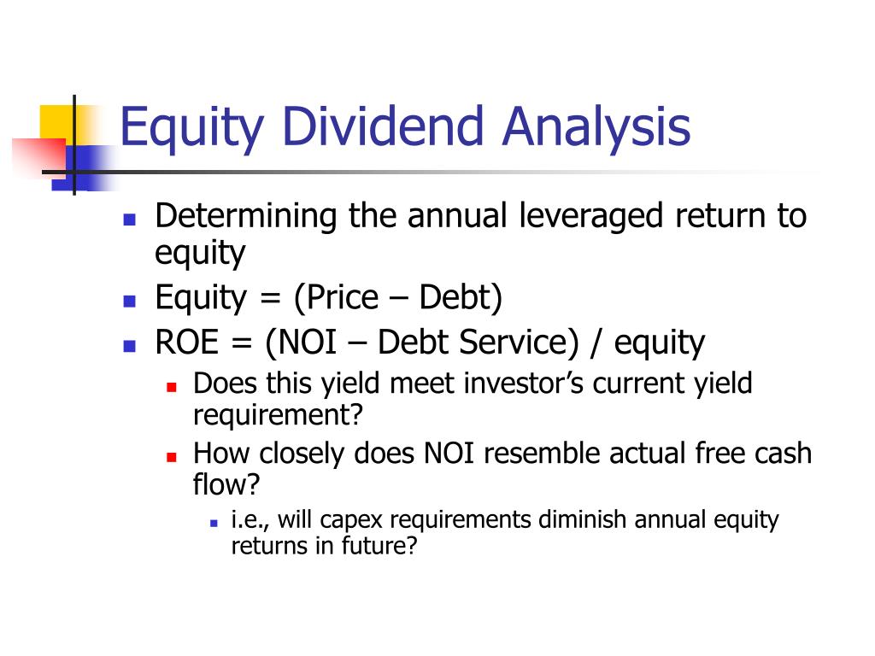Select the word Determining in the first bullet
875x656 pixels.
(x=246, y=216)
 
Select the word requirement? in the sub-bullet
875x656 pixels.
(x=279, y=415)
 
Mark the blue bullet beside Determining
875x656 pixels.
(x=130, y=219)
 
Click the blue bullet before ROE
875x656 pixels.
(x=130, y=346)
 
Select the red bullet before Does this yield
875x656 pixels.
(x=171, y=386)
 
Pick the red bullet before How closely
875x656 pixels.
(x=171, y=455)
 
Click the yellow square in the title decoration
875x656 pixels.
(x=55, y=121)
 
